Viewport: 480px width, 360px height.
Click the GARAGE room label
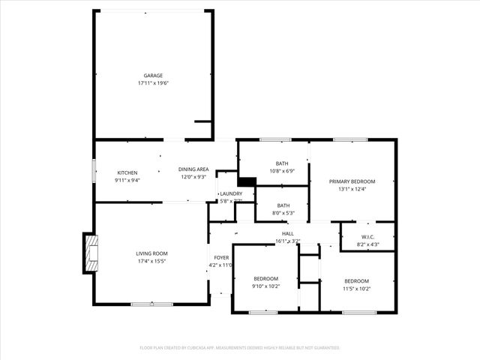tap(153, 76)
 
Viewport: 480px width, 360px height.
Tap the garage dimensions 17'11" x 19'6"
tap(153, 83)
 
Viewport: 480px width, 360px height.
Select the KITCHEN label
tap(127, 172)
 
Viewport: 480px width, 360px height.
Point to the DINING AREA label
tap(193, 169)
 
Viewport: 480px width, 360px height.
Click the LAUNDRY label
tap(230, 193)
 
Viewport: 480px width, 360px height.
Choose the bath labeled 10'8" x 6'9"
tap(282, 163)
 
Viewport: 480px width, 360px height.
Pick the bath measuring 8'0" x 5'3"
tap(283, 205)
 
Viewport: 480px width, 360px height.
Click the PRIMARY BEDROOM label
tap(352, 181)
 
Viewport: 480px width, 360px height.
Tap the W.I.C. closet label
tap(367, 237)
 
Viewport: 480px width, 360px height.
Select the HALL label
tap(287, 234)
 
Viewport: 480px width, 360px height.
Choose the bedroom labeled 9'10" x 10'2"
tap(265, 278)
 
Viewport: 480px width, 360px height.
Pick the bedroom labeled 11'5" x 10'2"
tap(356, 281)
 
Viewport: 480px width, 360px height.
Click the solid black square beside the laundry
tap(246, 181)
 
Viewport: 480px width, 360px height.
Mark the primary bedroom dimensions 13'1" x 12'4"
tap(352, 189)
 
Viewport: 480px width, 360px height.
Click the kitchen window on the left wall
tap(94, 169)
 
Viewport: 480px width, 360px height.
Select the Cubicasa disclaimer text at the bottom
tap(240, 348)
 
